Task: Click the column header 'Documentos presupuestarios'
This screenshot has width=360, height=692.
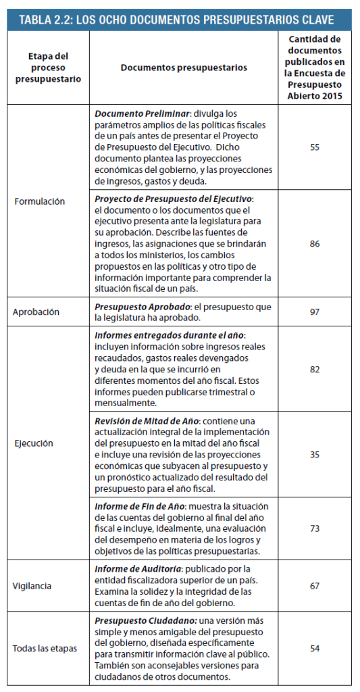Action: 184,68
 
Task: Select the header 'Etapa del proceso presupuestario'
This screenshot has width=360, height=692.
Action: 47,68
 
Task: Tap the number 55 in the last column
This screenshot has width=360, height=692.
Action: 315,147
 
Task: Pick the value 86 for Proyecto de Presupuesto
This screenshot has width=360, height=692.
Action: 315,243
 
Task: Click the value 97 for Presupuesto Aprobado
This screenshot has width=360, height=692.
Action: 315,312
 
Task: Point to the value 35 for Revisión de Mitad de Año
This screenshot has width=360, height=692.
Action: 315,455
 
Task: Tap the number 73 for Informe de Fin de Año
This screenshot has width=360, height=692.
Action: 315,528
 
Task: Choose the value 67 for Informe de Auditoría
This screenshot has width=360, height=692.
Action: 315,586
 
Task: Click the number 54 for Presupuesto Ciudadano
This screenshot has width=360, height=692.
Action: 315,648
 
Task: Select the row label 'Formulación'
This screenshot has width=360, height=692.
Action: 39,201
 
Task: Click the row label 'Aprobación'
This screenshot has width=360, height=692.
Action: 36,312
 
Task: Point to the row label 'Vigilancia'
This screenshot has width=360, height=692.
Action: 33,586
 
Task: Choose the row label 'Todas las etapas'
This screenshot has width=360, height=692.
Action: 45,648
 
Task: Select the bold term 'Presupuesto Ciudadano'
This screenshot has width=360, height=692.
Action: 142,621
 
